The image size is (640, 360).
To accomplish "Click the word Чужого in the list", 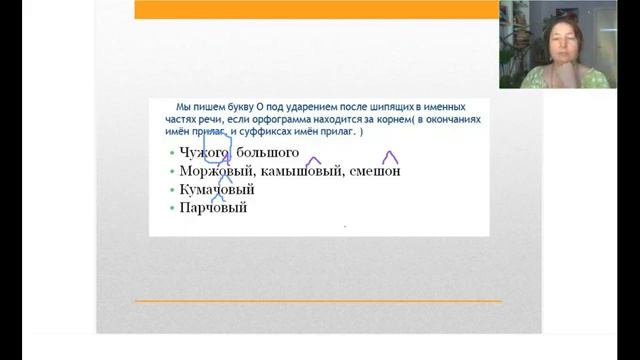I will [x=200, y=152].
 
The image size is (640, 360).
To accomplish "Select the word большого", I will [x=267, y=152].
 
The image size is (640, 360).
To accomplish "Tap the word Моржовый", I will [x=209, y=171].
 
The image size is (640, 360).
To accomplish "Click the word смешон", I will [x=375, y=171].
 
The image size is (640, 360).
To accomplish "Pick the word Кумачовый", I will [x=217, y=189].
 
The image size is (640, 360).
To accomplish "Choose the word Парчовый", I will [x=213, y=208].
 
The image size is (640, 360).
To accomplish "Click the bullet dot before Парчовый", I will [x=172, y=208].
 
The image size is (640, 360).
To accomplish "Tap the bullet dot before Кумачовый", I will [x=172, y=189].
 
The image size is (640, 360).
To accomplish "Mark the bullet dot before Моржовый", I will [x=172, y=171].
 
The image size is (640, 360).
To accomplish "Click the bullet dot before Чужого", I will [x=172, y=152].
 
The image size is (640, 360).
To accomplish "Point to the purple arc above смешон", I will [x=390, y=157].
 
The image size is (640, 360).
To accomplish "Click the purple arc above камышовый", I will [x=313, y=160].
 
